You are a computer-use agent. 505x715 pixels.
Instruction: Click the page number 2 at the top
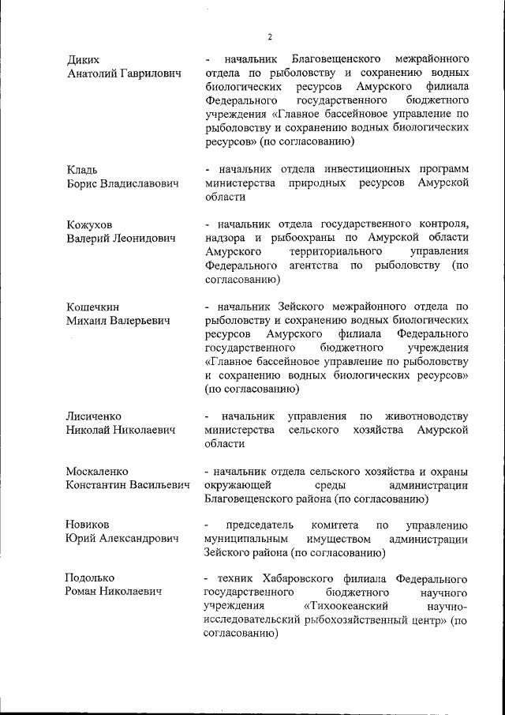click(x=269, y=37)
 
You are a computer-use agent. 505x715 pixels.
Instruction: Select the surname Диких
click(x=83, y=59)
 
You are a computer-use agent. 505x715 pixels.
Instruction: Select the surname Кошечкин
click(x=92, y=307)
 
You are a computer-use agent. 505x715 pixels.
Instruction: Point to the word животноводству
click(x=426, y=416)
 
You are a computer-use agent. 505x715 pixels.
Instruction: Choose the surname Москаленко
click(x=96, y=471)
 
